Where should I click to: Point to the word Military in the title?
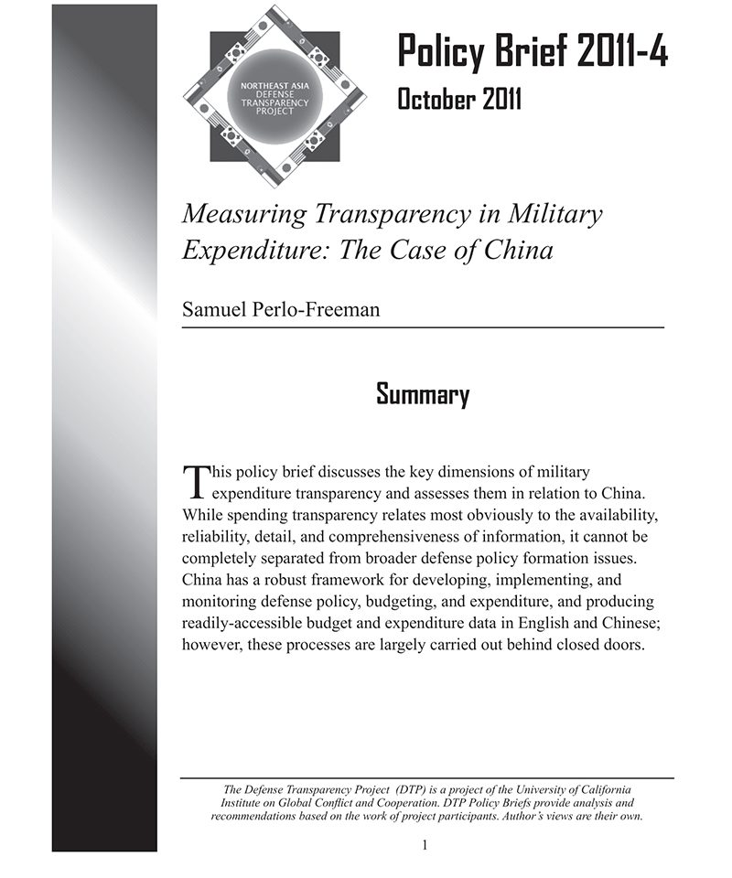558,215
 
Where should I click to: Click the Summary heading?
423,395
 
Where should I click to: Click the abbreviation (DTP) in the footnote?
414,789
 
